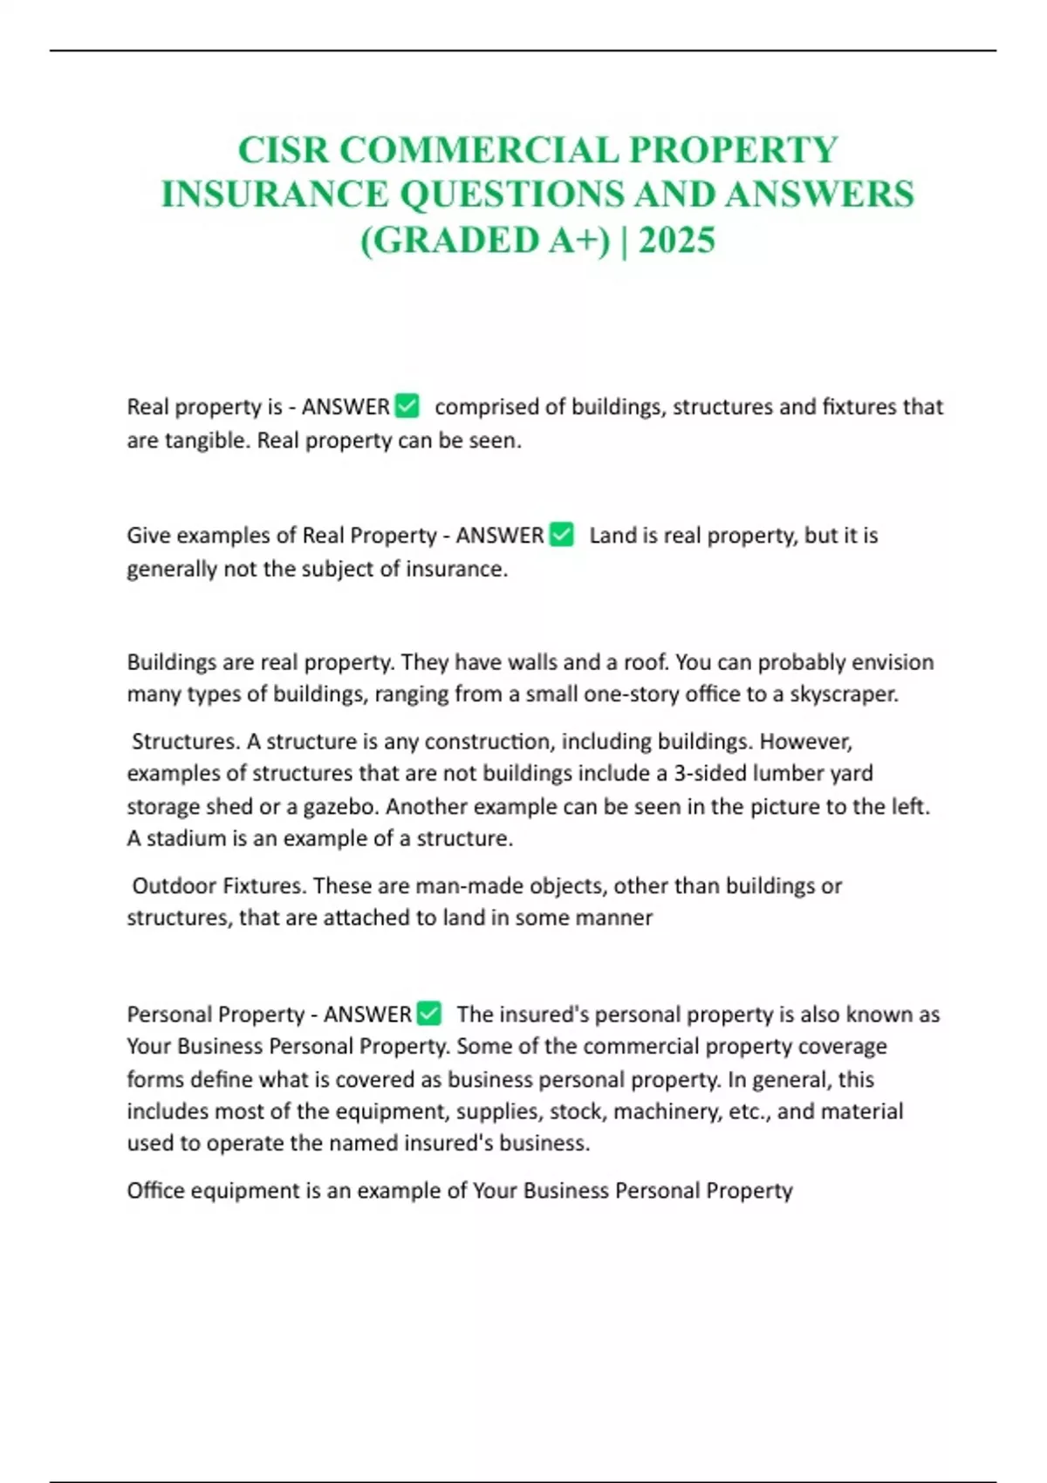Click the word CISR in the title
point(283,150)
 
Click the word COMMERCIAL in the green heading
point(478,150)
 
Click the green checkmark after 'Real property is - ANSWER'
point(407,406)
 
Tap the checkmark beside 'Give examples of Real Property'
point(562,534)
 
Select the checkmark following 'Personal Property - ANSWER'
point(429,1013)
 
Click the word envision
point(892,662)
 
